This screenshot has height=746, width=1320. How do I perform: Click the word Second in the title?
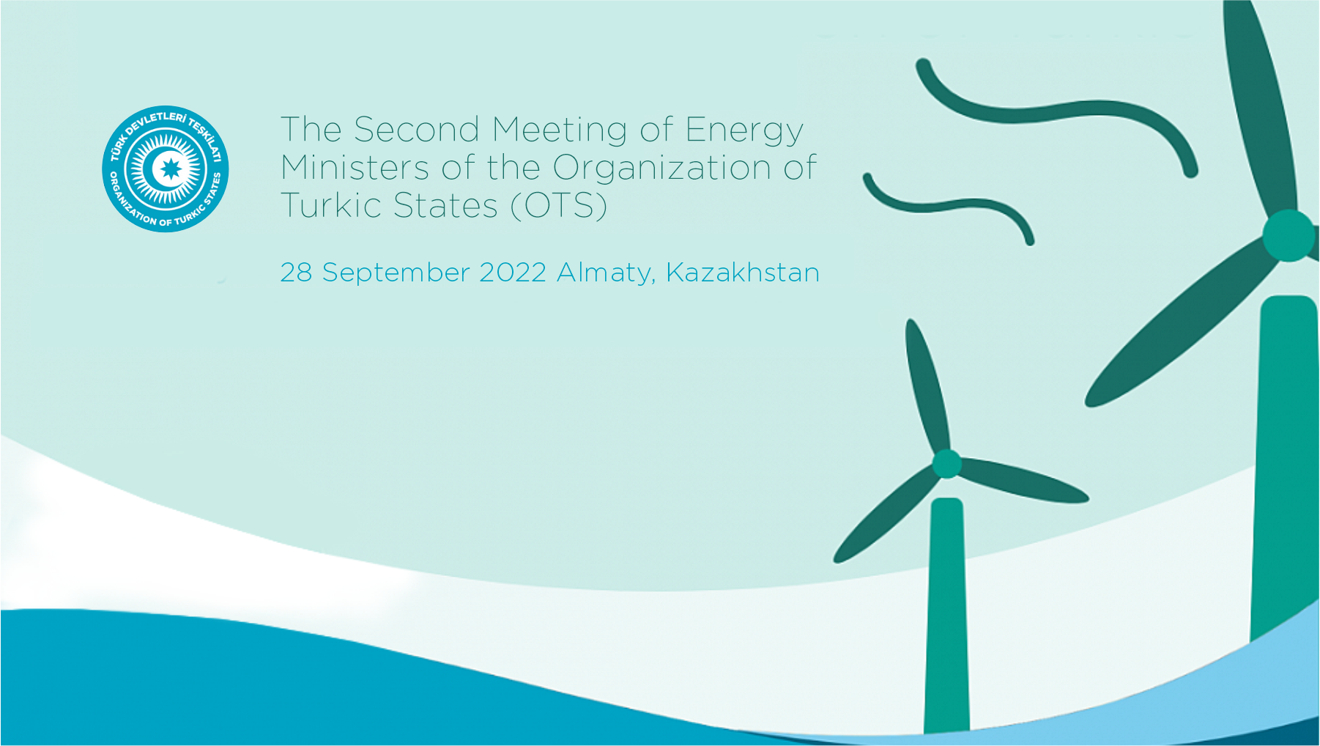(417, 130)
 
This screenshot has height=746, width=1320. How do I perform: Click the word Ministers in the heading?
(355, 168)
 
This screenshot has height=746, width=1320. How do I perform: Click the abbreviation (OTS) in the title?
(559, 206)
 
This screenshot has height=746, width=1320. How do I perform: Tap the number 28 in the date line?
(296, 273)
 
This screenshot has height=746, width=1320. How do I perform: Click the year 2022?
(513, 273)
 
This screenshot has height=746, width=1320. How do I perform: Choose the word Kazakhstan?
(743, 273)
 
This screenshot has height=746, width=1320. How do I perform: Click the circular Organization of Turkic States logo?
(166, 169)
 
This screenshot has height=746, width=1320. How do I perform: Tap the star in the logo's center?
(171, 169)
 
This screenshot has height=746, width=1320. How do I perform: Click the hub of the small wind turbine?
(946, 464)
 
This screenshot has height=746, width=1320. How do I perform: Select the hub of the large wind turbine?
(1288, 235)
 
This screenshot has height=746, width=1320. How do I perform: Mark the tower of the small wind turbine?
(946, 616)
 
